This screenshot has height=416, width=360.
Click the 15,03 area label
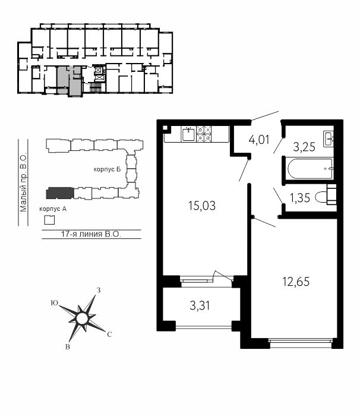click(201, 206)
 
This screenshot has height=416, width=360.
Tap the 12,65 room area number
click(296, 282)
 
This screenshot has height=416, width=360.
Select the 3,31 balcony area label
click(200, 305)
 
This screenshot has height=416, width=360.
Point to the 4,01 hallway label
click(259, 140)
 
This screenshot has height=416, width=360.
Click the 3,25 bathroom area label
click(304, 147)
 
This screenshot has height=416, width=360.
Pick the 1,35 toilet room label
click(300, 198)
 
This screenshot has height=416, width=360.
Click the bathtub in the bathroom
click(310, 168)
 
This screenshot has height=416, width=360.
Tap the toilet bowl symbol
click(326, 198)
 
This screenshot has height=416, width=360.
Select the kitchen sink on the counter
click(188, 134)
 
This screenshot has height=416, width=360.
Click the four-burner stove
click(204, 134)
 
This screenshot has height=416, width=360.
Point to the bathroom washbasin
click(329, 138)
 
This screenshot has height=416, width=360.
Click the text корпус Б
click(107, 169)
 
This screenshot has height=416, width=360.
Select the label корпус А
click(53, 209)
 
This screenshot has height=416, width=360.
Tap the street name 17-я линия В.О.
click(91, 234)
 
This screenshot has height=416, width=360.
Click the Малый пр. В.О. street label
click(23, 182)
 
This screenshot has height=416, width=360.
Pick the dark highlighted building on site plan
click(60, 193)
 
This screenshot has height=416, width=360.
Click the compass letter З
click(99, 290)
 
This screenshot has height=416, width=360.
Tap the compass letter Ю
click(55, 303)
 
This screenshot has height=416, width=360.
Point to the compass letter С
click(109, 335)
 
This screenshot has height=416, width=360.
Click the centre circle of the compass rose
click(81, 319)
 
